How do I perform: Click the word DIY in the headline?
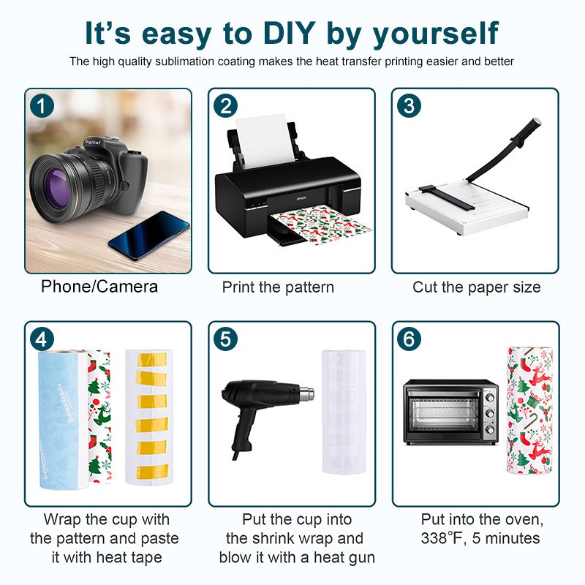coord(289,34)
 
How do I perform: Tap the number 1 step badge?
coord(42,106)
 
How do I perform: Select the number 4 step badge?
coord(42,339)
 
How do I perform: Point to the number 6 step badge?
coord(409,339)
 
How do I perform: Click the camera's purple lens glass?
coord(57,189)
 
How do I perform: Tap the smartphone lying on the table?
coord(149,235)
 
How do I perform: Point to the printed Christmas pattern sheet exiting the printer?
coord(321,224)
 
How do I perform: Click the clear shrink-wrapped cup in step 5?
coord(344,412)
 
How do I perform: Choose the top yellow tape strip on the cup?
coord(151,359)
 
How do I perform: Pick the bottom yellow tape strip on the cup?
coord(152,472)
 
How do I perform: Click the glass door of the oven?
coord(443,412)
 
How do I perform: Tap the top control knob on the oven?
coord(490,397)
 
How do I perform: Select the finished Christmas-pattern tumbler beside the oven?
coord(529,410)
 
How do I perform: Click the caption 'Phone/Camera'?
coord(99,287)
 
